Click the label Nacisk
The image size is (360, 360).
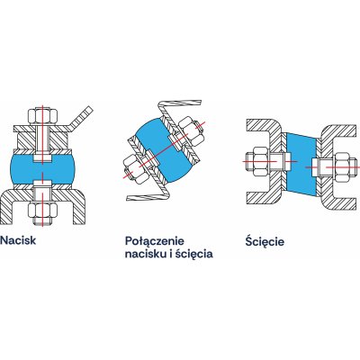click(18, 240)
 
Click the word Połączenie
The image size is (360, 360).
click(154, 242)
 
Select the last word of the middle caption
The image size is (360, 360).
click(194, 254)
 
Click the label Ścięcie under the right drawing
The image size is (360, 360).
click(265, 241)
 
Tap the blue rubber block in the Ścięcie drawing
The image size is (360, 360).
click(301, 165)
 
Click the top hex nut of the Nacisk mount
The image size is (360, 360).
click(43, 117)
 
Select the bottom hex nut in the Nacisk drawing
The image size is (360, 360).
click(42, 210)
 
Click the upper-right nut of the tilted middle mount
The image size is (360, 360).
click(191, 130)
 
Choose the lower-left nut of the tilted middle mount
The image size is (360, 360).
click(137, 169)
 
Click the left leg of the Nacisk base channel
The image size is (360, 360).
click(8, 207)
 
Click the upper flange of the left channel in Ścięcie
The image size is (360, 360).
click(264, 125)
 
